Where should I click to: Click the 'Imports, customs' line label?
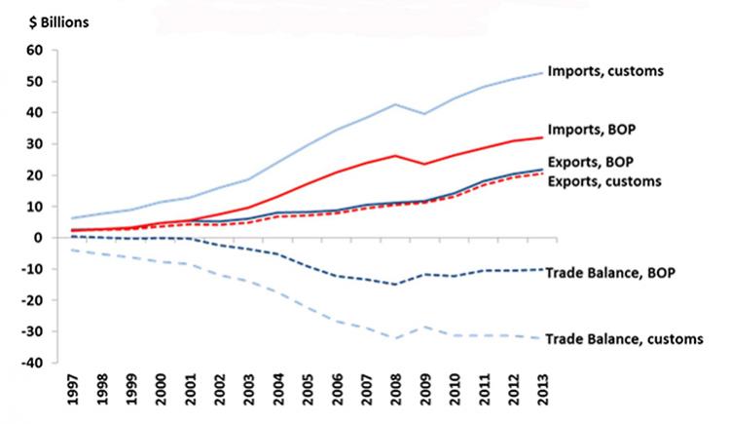(x=604, y=71)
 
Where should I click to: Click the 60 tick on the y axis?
(x=35, y=51)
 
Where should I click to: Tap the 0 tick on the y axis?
(x=40, y=238)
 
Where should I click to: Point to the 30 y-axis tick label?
(x=35, y=144)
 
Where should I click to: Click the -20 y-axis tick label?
(x=33, y=300)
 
